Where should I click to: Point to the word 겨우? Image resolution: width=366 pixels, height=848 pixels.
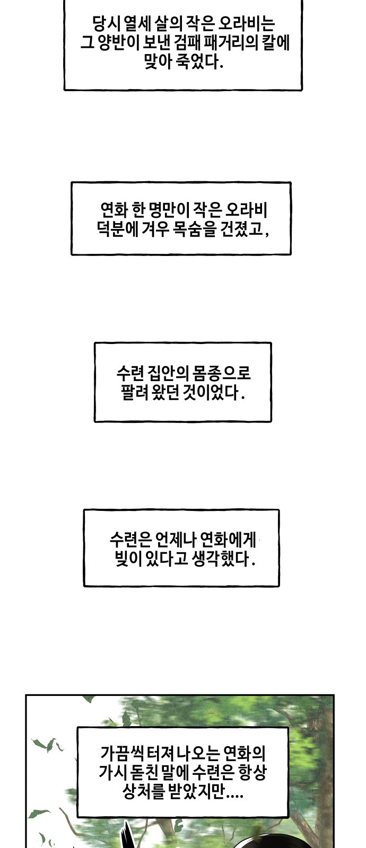point(155,228)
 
